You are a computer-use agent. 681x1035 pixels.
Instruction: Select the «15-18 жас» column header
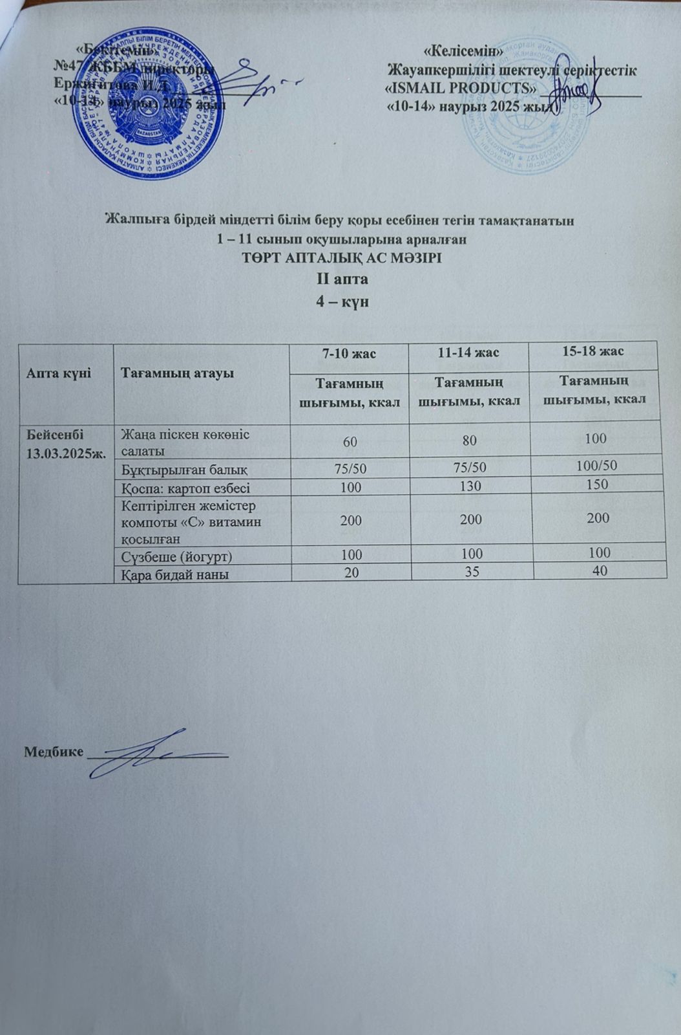pyautogui.click(x=592, y=351)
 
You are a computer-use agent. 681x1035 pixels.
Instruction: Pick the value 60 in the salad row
pyautogui.click(x=350, y=441)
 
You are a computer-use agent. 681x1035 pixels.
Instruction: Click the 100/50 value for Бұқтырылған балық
pyautogui.click(x=592, y=465)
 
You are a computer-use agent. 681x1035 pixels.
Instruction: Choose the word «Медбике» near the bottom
pyautogui.click(x=54, y=752)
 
